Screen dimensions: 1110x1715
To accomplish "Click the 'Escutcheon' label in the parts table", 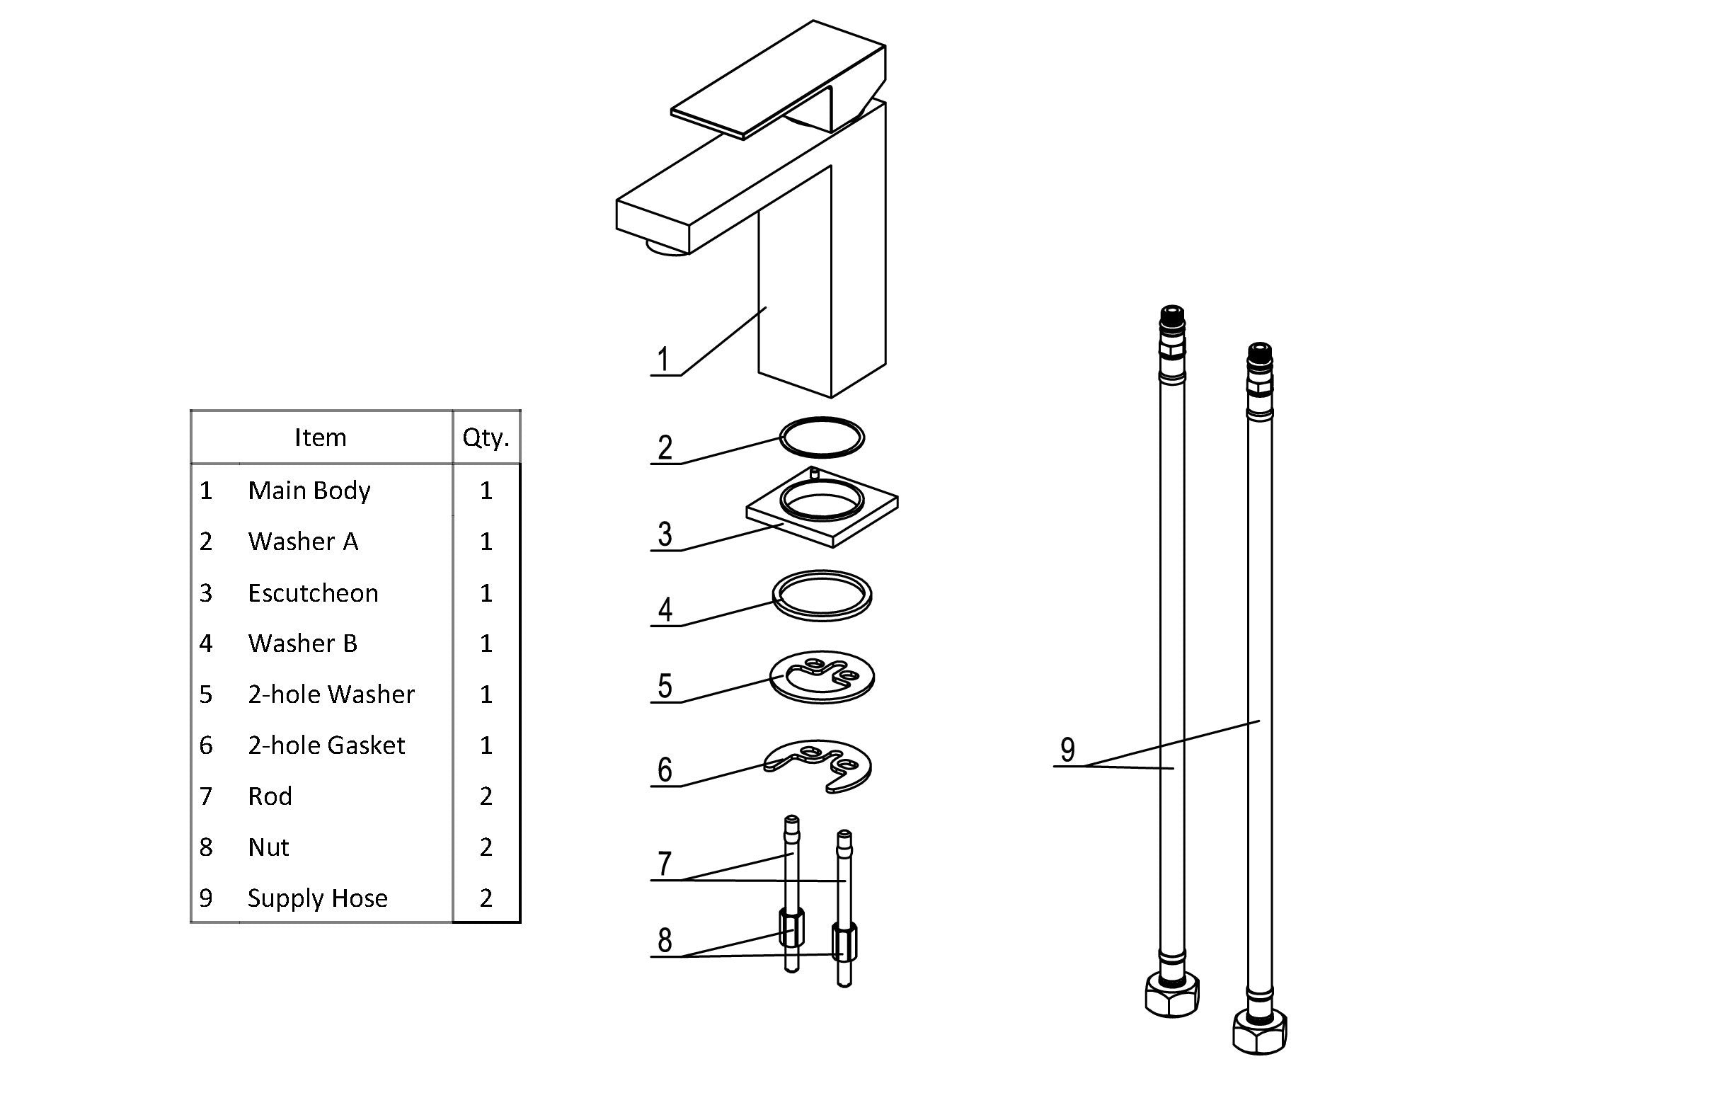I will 313,593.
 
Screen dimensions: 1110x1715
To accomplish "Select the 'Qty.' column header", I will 486,437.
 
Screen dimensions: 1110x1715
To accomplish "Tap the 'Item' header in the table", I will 320,437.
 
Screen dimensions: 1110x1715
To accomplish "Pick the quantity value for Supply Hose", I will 486,898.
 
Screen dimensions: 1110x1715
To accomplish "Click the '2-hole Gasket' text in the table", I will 326,745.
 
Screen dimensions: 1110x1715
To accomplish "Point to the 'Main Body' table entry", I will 309,490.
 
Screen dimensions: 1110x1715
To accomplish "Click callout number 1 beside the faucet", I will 664,359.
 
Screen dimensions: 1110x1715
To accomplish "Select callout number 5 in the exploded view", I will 665,685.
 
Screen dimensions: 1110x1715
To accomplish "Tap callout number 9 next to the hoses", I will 1068,750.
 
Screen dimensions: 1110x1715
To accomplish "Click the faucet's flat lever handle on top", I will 779,79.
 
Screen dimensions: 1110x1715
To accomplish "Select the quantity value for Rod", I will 486,796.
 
